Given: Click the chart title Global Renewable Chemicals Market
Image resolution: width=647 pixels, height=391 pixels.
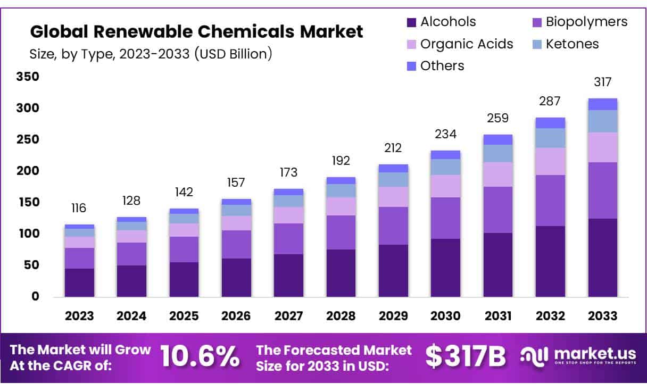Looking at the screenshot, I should [196, 32].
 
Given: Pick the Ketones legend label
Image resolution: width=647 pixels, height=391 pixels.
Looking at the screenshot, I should [572, 44].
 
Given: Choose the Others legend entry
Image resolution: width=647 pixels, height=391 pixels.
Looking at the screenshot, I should [442, 66].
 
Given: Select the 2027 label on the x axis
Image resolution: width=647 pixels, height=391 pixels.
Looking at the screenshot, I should [288, 316].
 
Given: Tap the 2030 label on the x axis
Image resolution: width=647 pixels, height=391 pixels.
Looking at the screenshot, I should [445, 316].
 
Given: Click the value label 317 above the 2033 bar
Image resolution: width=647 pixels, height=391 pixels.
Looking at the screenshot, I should [603, 82].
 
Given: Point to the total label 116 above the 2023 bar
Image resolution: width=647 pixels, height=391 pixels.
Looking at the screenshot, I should [79, 208].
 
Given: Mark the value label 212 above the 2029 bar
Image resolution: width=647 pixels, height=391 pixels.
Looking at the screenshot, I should [393, 148].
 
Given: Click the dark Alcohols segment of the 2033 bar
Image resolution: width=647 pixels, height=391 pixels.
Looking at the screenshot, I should [603, 258].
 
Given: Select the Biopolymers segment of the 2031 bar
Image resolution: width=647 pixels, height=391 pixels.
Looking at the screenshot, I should [498, 210].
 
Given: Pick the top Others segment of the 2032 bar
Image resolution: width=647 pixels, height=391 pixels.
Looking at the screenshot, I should [550, 123].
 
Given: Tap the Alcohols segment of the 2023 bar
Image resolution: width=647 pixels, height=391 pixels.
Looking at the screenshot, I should [79, 282].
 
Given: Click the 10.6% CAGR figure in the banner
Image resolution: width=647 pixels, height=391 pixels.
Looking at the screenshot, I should [200, 356].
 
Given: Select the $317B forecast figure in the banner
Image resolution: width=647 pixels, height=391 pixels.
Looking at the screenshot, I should [466, 357].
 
